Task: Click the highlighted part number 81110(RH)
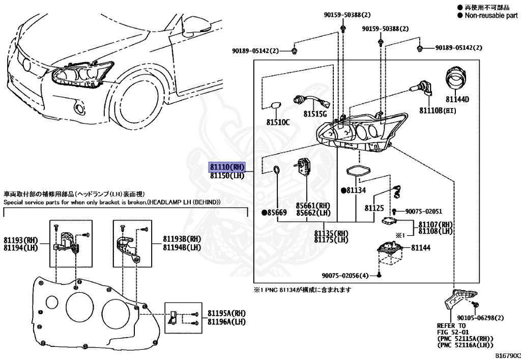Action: (227, 167)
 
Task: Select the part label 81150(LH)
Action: (227, 176)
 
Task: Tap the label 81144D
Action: (457, 99)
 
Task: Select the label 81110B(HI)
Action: (438, 110)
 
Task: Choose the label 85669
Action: (275, 212)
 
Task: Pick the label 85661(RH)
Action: (314, 205)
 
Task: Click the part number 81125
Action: (374, 208)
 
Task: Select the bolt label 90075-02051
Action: (423, 211)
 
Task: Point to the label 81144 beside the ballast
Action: (421, 247)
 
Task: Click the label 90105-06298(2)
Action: (476, 318)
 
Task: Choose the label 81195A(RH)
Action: (226, 313)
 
